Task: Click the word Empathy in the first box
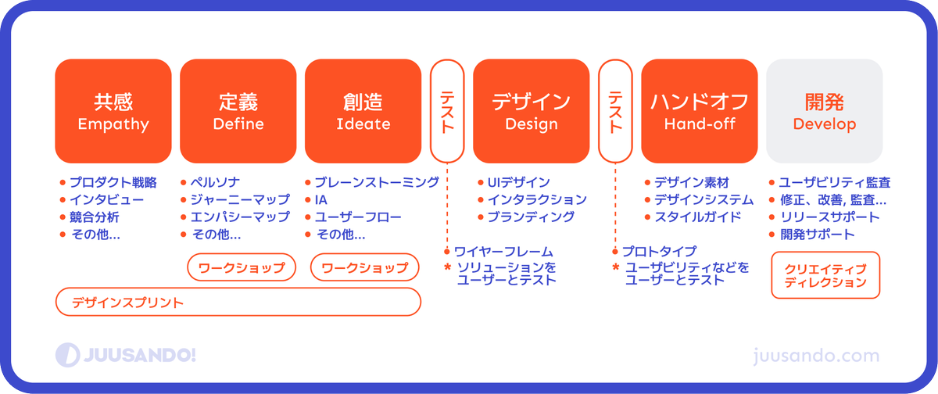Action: [x=113, y=124]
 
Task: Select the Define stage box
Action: [x=238, y=110]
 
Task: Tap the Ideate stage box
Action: [x=363, y=110]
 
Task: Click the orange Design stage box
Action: [x=532, y=110]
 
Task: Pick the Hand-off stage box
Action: [x=700, y=110]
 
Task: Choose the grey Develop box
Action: [x=825, y=110]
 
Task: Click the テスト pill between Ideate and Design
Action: [x=447, y=110]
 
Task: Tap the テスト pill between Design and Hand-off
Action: [x=615, y=110]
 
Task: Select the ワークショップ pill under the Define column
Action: [x=242, y=267]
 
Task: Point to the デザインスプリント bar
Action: [x=238, y=302]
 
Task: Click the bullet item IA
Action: [x=320, y=200]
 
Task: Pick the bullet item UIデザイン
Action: [x=517, y=183]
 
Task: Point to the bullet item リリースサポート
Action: [x=824, y=217]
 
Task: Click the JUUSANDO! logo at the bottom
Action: [x=126, y=355]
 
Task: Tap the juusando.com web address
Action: [x=818, y=356]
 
